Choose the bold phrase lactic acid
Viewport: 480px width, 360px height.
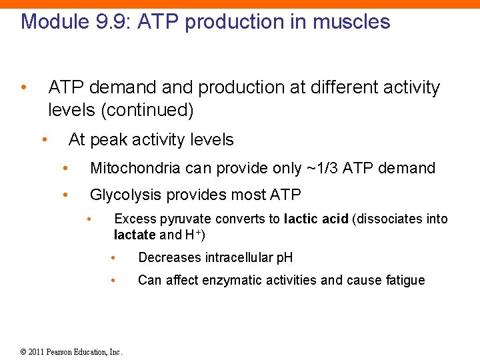click(x=316, y=219)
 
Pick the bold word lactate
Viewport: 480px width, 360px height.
click(x=135, y=235)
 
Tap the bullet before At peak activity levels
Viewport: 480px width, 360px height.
click(x=43, y=139)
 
